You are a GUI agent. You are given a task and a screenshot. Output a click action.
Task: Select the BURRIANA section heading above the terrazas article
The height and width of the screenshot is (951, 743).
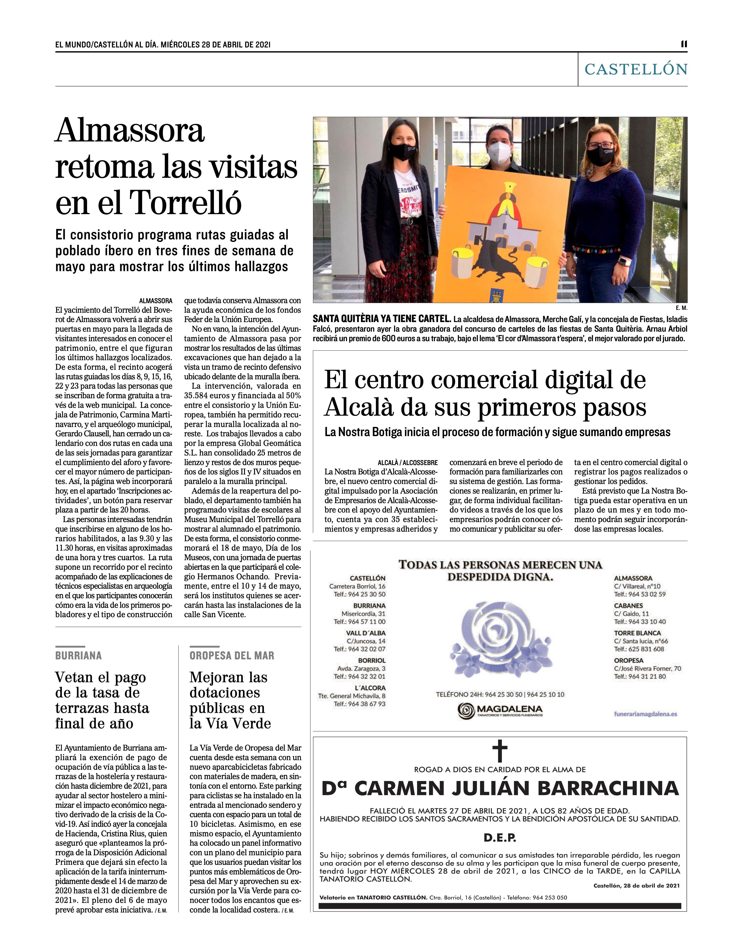point(78,655)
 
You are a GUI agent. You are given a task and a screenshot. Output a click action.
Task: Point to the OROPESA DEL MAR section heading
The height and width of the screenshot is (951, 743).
point(232,655)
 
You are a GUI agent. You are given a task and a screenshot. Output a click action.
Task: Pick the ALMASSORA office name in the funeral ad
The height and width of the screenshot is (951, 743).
point(633,578)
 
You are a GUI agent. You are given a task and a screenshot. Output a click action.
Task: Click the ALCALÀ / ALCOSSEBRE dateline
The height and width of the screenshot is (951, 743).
point(408,462)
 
